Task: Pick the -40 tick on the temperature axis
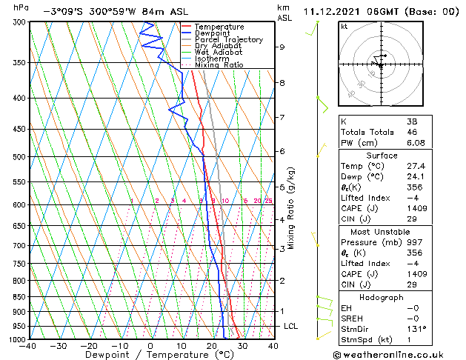(28, 346)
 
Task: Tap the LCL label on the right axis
(290, 326)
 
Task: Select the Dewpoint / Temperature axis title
(150, 355)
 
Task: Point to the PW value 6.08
(415, 144)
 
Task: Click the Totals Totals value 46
(411, 133)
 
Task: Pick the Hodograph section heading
(382, 298)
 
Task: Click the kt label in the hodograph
(344, 26)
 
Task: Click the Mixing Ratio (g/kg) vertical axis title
(291, 208)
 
